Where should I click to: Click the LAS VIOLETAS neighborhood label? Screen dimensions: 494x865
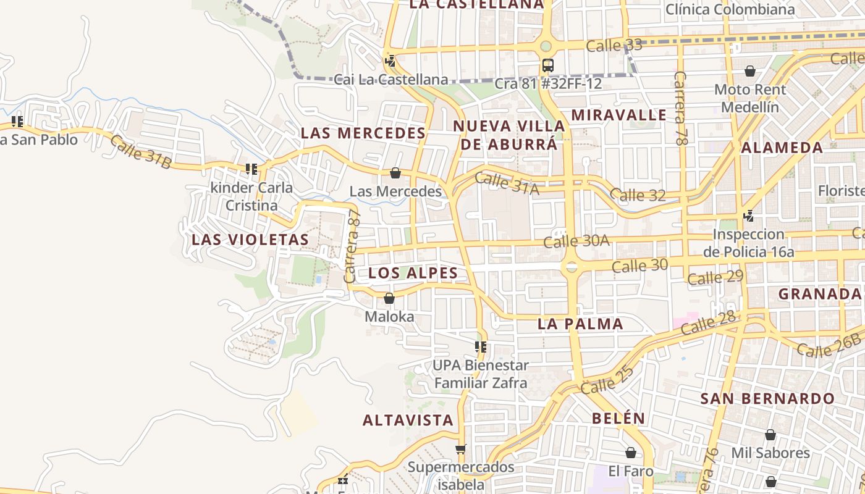250,240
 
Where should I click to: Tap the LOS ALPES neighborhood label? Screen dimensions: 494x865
413,273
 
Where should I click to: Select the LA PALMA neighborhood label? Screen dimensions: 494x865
580,324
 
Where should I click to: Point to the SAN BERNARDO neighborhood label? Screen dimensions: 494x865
768,398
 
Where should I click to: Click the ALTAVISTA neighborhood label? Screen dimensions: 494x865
408,421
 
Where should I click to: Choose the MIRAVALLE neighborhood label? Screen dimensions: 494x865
618,115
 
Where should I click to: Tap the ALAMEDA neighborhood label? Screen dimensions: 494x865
782,148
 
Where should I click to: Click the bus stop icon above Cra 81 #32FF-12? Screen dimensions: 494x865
547,65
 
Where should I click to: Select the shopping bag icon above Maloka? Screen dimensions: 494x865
389,299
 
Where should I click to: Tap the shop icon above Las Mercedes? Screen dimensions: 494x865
395,173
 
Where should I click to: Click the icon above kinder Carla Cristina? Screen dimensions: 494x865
251,169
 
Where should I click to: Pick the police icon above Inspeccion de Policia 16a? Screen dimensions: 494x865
748,216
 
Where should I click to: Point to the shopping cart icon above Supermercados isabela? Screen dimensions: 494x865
460,449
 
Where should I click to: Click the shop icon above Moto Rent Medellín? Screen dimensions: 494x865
749,71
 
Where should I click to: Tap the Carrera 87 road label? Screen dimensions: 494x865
353,246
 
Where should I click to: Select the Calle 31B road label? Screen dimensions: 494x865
141,152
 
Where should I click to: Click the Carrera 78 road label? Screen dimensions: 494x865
680,109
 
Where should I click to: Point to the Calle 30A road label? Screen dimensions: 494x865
576,241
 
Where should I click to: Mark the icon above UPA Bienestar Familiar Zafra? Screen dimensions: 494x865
481,347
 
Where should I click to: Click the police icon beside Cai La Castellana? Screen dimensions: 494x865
390,61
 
